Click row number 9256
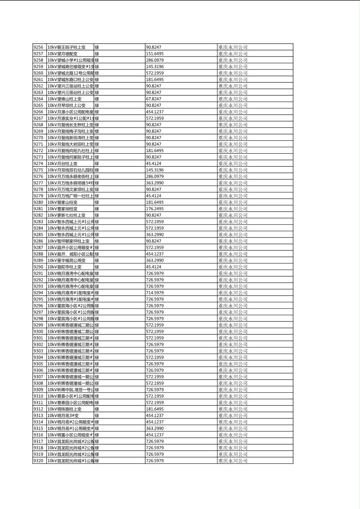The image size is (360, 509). coord(38,47)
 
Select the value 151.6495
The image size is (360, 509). coord(155,54)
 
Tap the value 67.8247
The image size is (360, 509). coord(153,99)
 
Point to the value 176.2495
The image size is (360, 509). coord(155,209)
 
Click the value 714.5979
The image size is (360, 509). coord(155,293)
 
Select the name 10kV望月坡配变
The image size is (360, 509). coord(63,54)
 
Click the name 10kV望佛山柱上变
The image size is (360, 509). coord(65,99)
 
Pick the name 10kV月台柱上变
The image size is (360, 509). coord(63,163)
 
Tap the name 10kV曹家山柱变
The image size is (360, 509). coord(63,202)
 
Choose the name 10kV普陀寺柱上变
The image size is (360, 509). coord(65,267)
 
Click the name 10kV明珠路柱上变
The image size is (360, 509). coord(65,409)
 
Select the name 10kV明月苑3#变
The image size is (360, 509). coord(63,415)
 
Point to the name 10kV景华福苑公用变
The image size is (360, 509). coord(67,261)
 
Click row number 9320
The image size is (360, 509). coord(38,461)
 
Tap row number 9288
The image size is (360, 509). coord(38,254)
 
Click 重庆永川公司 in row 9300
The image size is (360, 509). coord(233,332)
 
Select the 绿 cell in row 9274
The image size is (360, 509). coord(97,163)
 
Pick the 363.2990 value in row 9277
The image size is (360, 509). coord(155,183)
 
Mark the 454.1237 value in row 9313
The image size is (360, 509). coord(155,415)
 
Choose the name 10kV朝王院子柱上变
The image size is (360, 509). coord(67,47)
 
